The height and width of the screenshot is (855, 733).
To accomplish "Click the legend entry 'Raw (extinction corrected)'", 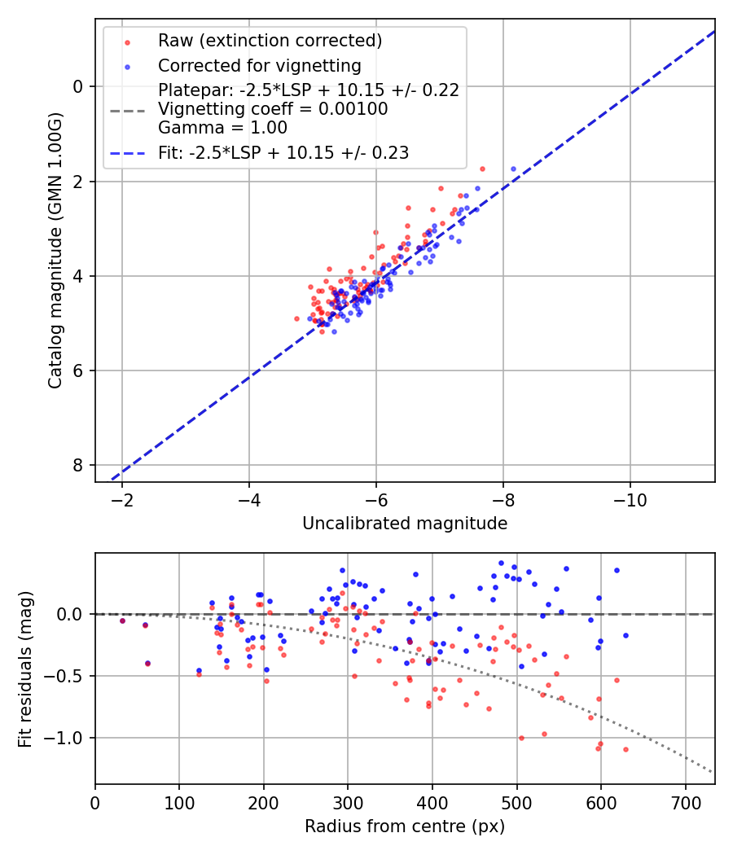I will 270,41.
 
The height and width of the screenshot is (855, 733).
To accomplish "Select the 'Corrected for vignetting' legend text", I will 259,65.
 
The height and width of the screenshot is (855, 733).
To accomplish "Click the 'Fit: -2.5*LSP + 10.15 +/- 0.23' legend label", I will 283,152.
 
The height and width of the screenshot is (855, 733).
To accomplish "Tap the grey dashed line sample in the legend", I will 127,109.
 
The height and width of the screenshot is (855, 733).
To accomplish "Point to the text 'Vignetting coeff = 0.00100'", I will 273,109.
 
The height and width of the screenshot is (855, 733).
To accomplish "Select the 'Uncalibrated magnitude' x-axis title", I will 405,524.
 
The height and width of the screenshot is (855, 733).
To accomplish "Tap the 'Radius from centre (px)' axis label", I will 405,826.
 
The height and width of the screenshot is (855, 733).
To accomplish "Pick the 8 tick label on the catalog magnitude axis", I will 79,465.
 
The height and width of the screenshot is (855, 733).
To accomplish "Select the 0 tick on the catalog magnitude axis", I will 79,86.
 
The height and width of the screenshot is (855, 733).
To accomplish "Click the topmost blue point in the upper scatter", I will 513,169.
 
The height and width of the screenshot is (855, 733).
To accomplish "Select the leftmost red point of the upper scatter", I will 296,318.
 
